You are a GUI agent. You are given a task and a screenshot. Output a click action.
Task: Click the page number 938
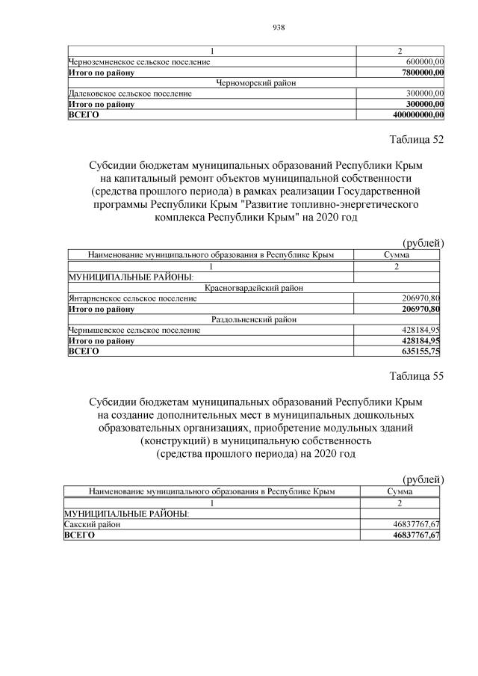pos(279,28)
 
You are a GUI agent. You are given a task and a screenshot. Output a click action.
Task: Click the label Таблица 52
pos(417,141)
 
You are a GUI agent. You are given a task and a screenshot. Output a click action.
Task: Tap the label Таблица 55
pos(417,376)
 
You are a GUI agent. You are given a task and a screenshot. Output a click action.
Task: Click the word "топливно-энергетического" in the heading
pos(357,203)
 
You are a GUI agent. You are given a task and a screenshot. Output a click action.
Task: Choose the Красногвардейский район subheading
pos(254,288)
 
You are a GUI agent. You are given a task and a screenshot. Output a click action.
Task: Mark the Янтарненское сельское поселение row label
pos(132,298)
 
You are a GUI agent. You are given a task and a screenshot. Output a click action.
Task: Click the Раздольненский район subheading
pos(254,319)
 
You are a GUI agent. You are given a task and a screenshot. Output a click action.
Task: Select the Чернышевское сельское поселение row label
pos(134,330)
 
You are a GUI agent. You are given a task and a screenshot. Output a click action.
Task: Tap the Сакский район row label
pos(91,525)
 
